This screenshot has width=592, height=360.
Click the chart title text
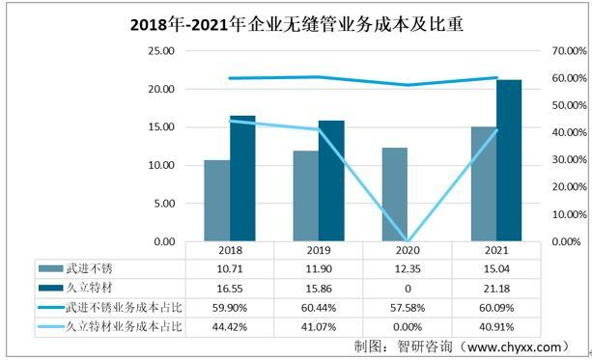pos(296,26)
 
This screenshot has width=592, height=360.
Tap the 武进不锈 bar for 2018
pos(216,201)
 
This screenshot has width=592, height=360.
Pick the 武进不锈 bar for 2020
pos(394,194)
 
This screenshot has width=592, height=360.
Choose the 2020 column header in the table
pos(407,249)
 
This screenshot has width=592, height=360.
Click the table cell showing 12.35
pos(407,267)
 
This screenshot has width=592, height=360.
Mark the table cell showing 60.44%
pos(318,309)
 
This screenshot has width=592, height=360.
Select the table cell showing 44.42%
pos(229,328)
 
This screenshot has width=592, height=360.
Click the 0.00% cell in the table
pos(407,328)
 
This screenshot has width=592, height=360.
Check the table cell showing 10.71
pos(229,267)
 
